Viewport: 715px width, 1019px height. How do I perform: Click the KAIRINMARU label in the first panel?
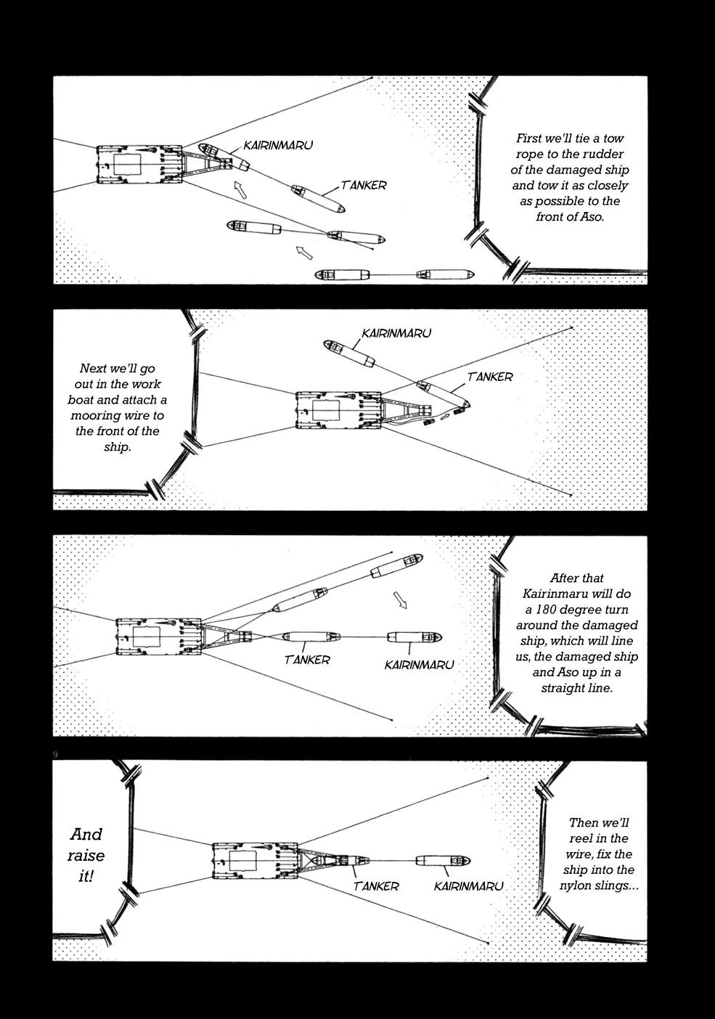(278, 145)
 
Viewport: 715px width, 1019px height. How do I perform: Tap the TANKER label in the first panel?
(364, 185)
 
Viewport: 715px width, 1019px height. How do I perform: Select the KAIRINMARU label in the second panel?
(396, 333)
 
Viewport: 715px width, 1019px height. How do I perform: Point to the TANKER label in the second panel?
(490, 377)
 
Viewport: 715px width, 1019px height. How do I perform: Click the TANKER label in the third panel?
(307, 660)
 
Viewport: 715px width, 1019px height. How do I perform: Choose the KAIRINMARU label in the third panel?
(420, 665)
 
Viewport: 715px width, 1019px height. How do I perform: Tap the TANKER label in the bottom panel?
(376, 886)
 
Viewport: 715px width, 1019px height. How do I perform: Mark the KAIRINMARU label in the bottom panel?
(468, 886)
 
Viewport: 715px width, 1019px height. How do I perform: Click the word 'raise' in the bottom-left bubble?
(86, 855)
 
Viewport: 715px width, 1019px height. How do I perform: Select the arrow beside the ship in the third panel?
(401, 600)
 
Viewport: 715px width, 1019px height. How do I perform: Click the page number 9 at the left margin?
(55, 756)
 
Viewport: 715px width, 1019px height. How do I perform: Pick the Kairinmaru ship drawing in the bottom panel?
(443, 861)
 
